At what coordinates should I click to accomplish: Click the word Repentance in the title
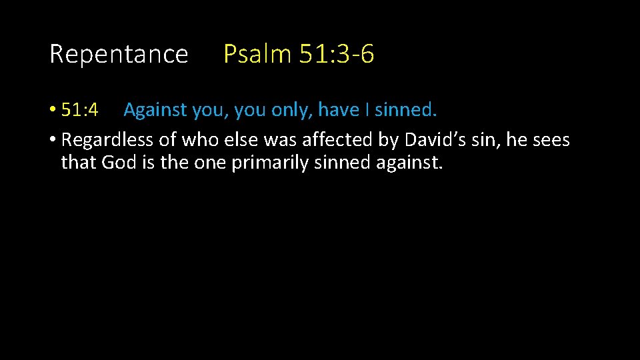tap(119, 54)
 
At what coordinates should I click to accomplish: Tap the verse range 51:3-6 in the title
tap(337, 54)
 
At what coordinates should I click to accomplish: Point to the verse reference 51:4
tap(79, 110)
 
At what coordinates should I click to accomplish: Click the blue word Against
tap(155, 110)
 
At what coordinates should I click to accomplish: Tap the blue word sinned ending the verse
tap(405, 110)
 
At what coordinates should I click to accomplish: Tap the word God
tap(119, 163)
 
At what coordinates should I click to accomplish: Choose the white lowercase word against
tap(408, 163)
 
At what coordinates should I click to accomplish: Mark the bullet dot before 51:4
tap(53, 111)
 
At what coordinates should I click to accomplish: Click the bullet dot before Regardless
tap(53, 140)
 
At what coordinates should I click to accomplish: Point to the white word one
tap(211, 163)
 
